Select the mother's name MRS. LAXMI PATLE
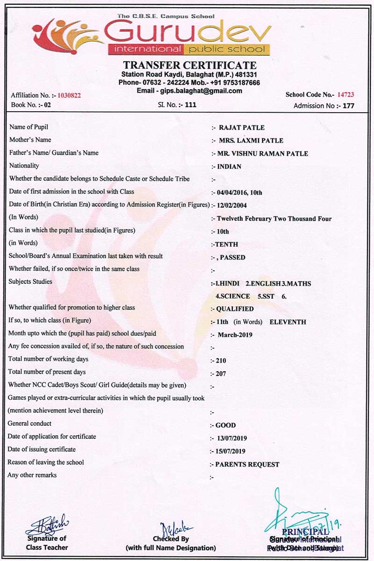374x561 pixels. (251, 140)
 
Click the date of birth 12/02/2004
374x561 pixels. (235, 205)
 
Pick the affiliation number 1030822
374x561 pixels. (69, 95)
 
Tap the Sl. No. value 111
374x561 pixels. (191, 105)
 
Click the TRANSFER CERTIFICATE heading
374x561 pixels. (189, 65)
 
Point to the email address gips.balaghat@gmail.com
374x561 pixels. (208, 91)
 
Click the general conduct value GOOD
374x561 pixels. (225, 425)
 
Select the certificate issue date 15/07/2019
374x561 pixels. (230, 451)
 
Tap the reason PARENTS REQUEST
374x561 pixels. (247, 465)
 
